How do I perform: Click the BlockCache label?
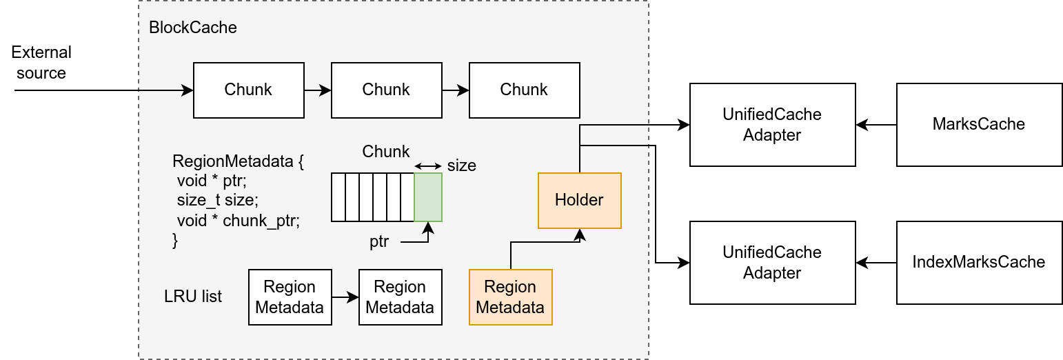tap(192, 28)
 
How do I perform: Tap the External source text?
tap(41, 63)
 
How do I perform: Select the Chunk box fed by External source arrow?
tap(248, 90)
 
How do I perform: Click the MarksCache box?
tap(978, 125)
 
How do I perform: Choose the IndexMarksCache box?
tap(978, 263)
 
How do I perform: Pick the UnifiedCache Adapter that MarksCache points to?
tap(772, 125)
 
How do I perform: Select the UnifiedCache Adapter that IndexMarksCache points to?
tap(772, 263)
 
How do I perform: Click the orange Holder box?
tap(579, 201)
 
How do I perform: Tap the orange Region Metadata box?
tap(510, 297)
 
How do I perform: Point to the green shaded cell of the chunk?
tap(427, 197)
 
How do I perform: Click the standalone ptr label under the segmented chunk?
tap(379, 242)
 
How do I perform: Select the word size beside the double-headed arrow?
tap(461, 166)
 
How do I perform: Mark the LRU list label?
tap(193, 297)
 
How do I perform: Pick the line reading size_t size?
tap(217, 201)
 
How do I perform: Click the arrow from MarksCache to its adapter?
tap(875, 125)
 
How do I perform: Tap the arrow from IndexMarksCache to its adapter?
tap(875, 263)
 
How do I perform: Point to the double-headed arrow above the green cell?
tap(427, 166)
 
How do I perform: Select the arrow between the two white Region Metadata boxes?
tap(345, 297)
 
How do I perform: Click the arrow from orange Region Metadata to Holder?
tap(545, 243)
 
